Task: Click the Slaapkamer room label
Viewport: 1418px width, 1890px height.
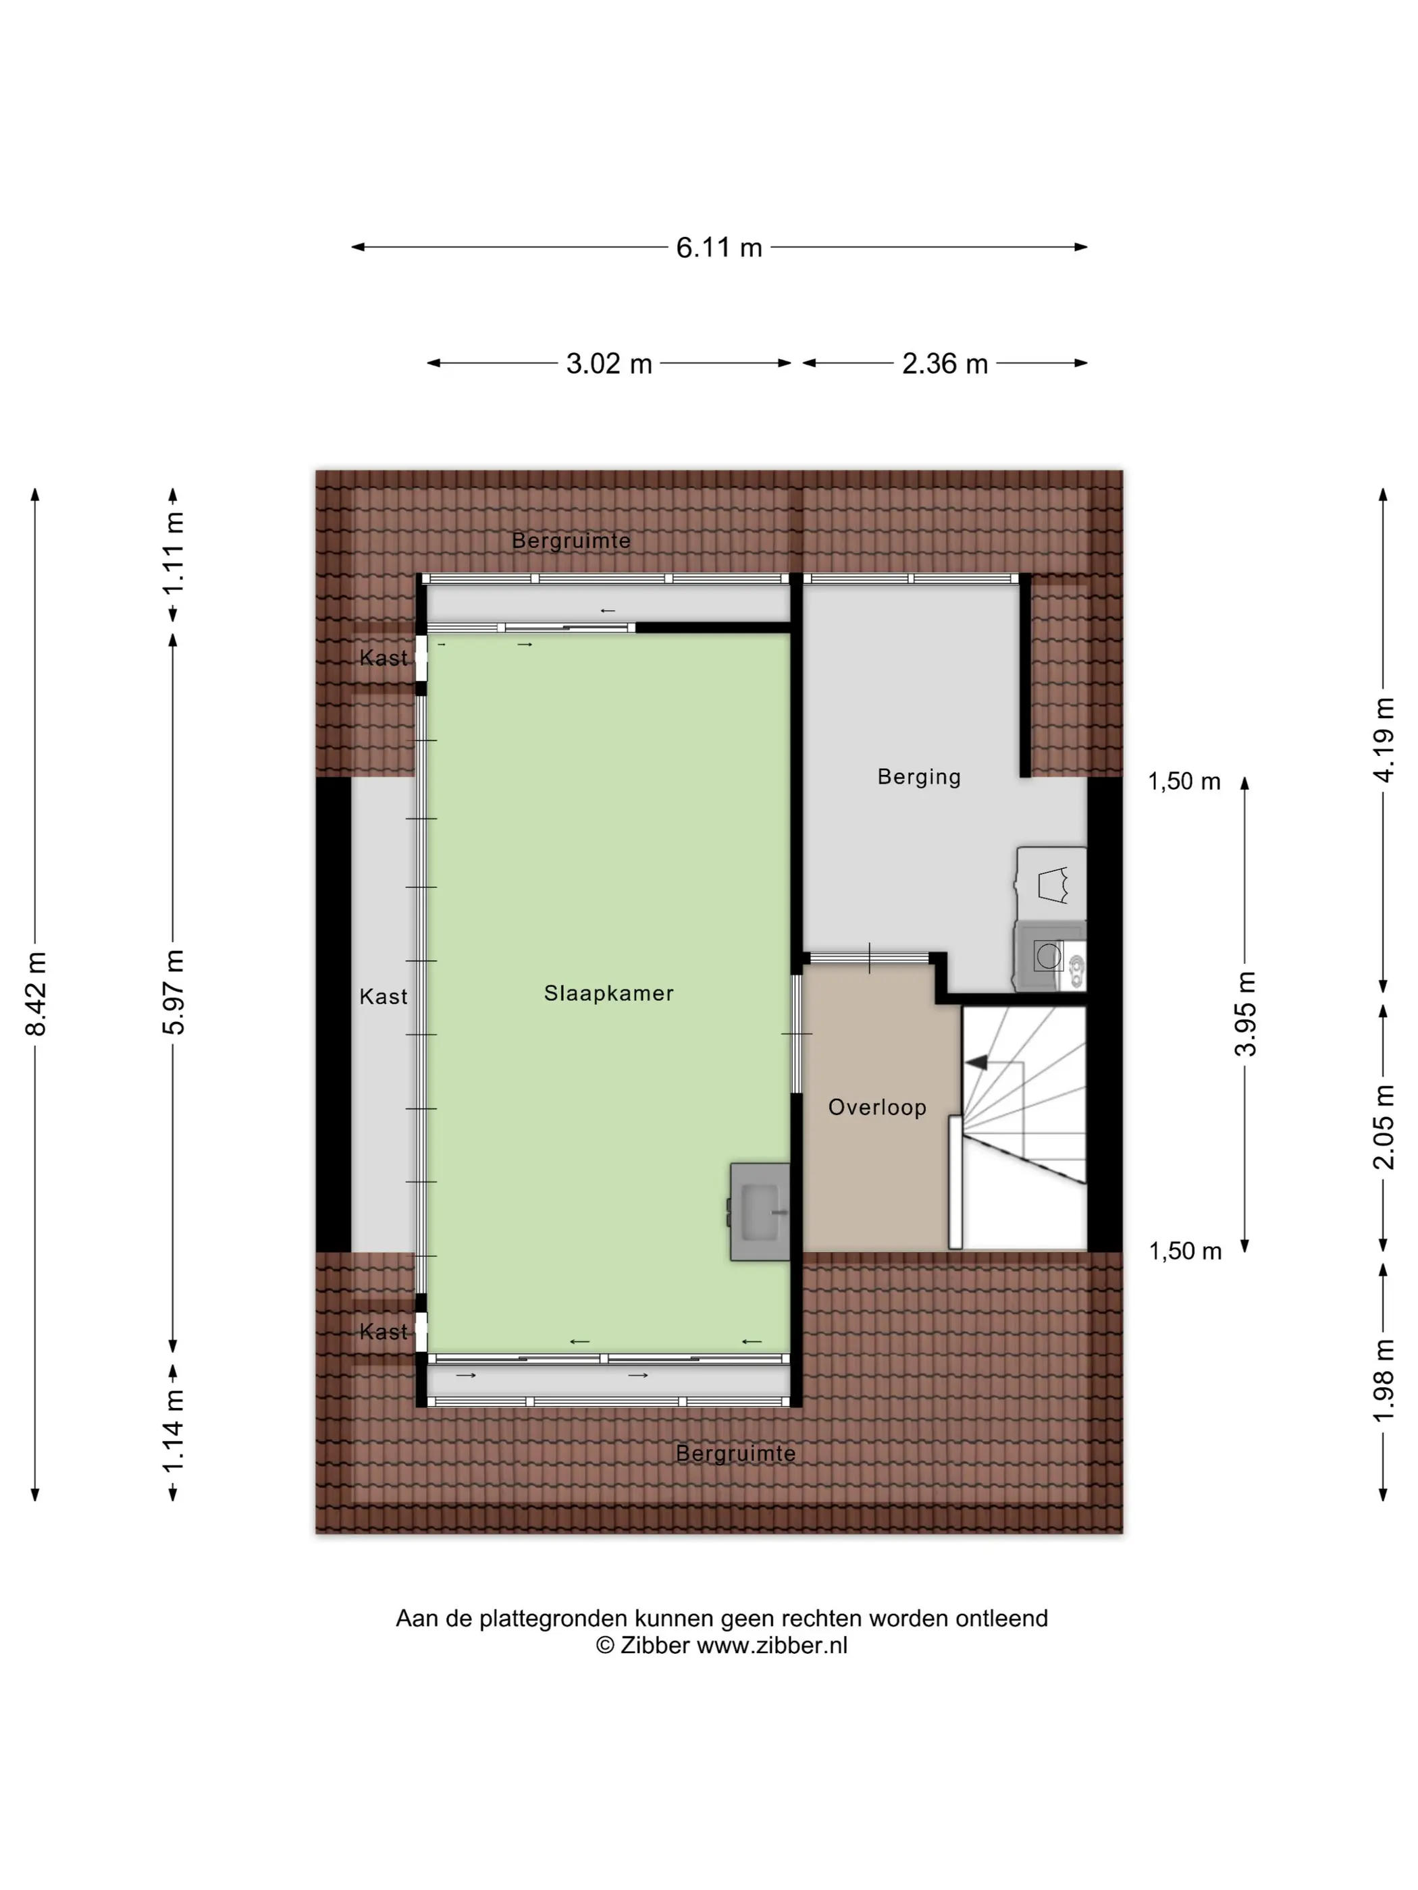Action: click(x=608, y=993)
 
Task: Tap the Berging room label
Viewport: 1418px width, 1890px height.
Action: click(x=919, y=777)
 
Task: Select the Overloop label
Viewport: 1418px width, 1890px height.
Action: click(x=877, y=1108)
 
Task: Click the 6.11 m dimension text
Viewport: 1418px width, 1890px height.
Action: click(x=719, y=248)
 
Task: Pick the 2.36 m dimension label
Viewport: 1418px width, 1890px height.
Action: click(x=945, y=364)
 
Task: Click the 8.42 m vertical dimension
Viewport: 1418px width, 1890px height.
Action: click(x=36, y=994)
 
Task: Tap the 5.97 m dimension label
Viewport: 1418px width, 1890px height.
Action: click(x=174, y=992)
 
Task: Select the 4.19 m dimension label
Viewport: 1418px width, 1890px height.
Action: click(x=1383, y=740)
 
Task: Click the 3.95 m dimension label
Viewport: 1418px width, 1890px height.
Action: click(x=1245, y=1015)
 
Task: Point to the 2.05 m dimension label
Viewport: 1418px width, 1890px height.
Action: click(x=1383, y=1127)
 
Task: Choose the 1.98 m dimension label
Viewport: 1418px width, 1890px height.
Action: click(x=1383, y=1382)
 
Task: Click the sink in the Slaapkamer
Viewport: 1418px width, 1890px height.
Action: click(x=760, y=1212)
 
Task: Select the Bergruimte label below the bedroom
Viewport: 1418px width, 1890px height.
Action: click(x=735, y=1453)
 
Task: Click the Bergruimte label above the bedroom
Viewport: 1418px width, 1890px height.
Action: click(x=571, y=541)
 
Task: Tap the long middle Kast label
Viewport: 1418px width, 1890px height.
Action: click(x=383, y=996)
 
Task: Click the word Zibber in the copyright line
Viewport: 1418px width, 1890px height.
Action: click(x=655, y=1646)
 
